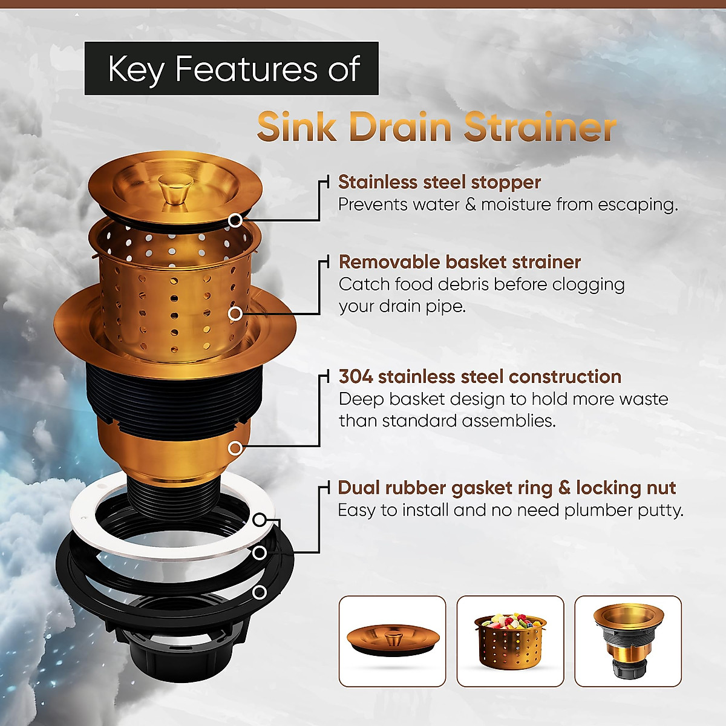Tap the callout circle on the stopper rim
(235, 220)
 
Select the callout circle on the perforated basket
(235, 313)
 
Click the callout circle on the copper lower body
(235, 448)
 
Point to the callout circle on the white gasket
(259, 520)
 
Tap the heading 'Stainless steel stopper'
(439, 182)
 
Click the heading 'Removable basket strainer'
(459, 262)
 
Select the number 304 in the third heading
(355, 377)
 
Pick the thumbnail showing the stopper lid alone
(392, 641)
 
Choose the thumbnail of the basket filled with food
(510, 641)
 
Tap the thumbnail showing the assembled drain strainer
(627, 641)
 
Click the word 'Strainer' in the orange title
(540, 127)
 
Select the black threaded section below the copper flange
(175, 393)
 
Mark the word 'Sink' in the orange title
(296, 127)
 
